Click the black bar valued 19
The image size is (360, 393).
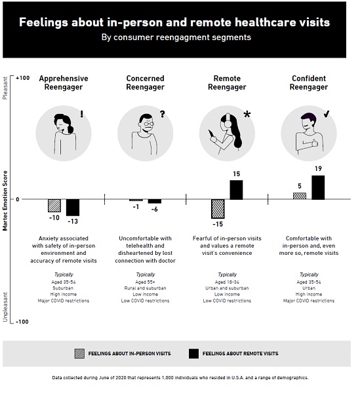tap(318, 187)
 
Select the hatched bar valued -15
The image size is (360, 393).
tap(218, 209)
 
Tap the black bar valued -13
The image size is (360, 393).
tap(73, 208)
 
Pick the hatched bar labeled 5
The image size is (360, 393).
tap(300, 196)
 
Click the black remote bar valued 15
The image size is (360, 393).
tap(236, 190)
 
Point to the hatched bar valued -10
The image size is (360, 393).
tap(54, 206)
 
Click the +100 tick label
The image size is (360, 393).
tap(22, 78)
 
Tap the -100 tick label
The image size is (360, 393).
tap(22, 322)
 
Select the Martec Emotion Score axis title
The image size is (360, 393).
tap(5, 200)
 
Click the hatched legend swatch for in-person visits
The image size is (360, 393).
tap(79, 354)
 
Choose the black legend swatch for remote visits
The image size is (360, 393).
tap(193, 354)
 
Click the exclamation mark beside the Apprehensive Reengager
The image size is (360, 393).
tap(81, 114)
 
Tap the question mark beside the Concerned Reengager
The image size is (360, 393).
tap(163, 114)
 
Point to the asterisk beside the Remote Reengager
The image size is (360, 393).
tap(247, 114)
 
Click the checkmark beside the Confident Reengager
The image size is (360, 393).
tap(327, 114)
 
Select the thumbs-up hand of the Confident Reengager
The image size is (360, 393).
tap(315, 143)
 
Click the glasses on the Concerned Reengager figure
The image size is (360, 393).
tap(149, 124)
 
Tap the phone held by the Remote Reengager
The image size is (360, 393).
tap(211, 134)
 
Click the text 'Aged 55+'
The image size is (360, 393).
tap(146, 282)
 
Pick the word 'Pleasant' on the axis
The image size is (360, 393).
tap(5, 88)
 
